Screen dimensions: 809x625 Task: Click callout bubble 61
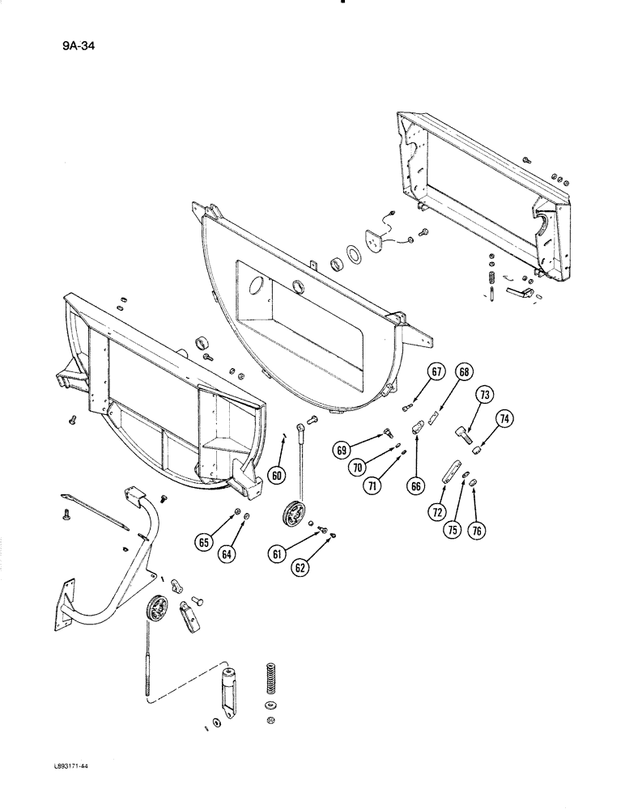277,553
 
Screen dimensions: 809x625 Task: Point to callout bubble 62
300,568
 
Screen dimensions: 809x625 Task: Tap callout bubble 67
436,372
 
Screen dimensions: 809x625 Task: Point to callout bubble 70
355,466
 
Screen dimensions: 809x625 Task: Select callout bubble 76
477,532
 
